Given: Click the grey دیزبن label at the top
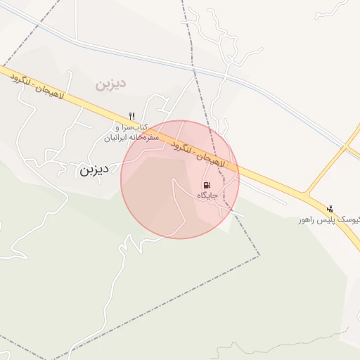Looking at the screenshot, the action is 110,84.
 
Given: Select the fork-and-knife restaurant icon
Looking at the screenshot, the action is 131,116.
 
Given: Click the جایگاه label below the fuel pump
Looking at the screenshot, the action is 207,195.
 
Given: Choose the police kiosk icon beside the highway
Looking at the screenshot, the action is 329,208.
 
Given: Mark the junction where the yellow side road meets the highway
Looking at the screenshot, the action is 307,193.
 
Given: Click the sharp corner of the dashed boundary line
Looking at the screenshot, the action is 259,255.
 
